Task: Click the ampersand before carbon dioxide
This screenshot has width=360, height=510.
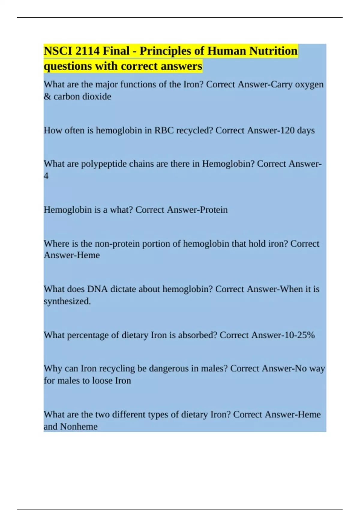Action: (47, 97)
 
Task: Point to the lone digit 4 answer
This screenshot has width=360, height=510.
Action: (46, 176)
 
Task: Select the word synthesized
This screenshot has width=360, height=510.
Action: (67, 301)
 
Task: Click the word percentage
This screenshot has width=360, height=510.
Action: (88, 335)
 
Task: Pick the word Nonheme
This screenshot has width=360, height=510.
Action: (79, 427)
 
